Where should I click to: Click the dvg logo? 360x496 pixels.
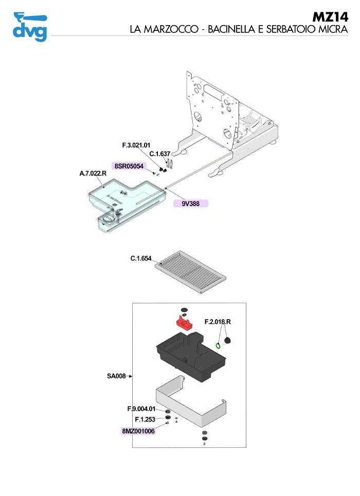coord(29,26)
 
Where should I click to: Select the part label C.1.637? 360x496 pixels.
coord(159,154)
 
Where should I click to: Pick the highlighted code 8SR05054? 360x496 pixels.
coord(129,166)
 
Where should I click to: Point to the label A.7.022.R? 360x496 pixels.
coord(93,174)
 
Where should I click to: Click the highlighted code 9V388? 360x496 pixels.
coord(190,204)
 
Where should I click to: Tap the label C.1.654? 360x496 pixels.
coord(140,258)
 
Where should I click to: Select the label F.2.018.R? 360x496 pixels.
coord(218,322)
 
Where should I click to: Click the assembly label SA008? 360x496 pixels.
coord(116,376)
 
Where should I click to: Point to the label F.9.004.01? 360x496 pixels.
coord(141,409)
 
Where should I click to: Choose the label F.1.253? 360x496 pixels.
coord(145,419)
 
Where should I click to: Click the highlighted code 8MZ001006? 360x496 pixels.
coord(138,431)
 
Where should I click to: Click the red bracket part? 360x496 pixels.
coord(183,323)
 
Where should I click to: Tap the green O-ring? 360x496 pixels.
coord(219,344)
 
